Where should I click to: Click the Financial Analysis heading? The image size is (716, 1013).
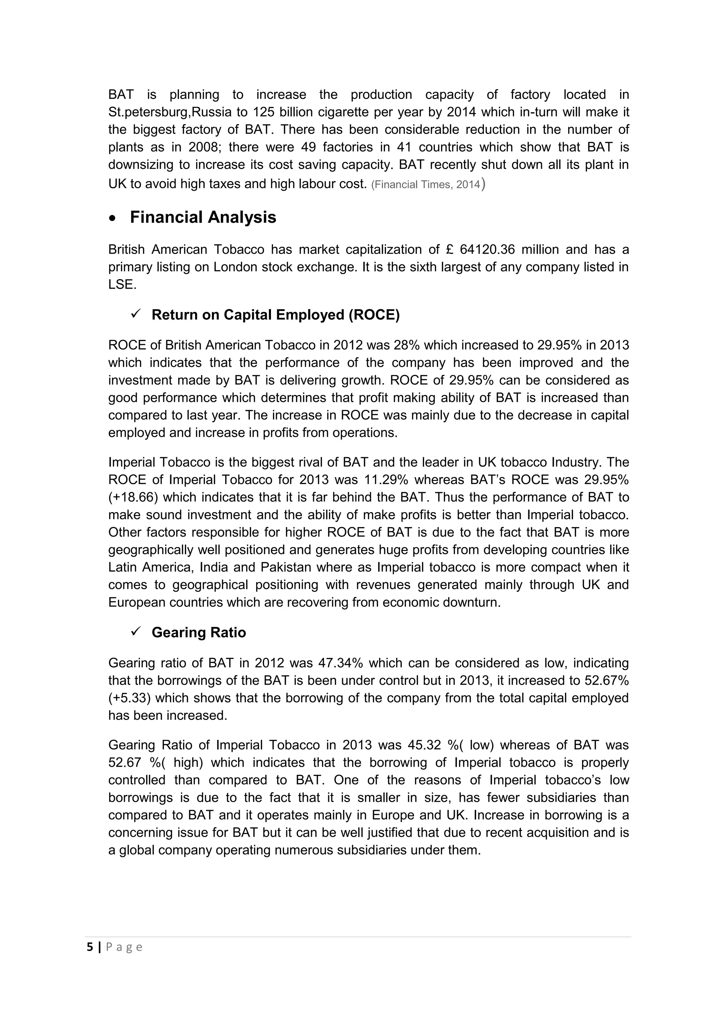coord(203,217)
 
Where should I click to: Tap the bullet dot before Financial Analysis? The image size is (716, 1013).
coord(113,218)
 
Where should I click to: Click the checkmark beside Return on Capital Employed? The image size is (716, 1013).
coord(135,314)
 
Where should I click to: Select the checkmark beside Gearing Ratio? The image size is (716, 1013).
coord(135,631)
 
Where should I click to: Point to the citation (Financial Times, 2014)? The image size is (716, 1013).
coord(425,184)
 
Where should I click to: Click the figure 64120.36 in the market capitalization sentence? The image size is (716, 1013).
coord(487,250)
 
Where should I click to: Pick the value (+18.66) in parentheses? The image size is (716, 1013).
coord(133,497)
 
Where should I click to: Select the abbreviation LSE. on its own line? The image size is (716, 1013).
coord(122,285)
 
